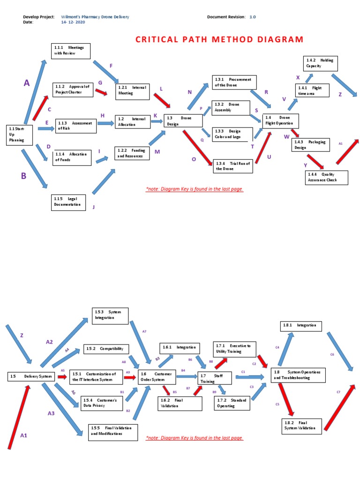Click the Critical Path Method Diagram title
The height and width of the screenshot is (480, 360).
click(x=219, y=39)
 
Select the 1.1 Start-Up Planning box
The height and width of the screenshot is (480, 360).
click(x=20, y=135)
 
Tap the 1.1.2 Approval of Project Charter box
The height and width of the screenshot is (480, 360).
click(x=73, y=90)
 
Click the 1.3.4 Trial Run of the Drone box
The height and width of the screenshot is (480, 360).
click(x=232, y=165)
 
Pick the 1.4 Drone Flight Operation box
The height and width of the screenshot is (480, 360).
click(x=280, y=120)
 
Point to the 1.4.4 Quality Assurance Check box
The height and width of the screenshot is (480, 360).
click(x=327, y=177)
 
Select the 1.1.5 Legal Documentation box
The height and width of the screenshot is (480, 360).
click(x=68, y=202)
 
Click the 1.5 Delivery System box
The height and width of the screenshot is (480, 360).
click(x=32, y=376)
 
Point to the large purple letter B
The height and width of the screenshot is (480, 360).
click(x=23, y=176)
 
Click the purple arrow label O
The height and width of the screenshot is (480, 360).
click(x=194, y=159)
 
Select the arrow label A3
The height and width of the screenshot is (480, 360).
click(x=52, y=413)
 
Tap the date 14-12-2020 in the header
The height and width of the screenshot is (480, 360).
click(x=73, y=22)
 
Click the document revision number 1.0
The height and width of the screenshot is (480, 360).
click(x=253, y=17)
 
